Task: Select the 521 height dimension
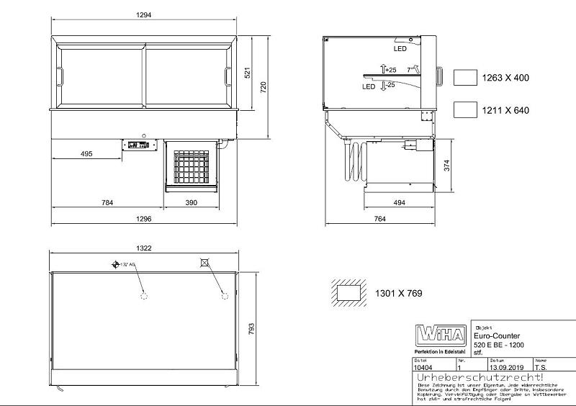click(x=248, y=73)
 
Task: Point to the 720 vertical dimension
click(x=264, y=87)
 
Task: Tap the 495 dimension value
click(x=86, y=154)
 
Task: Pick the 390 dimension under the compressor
click(x=190, y=203)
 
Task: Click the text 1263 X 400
click(x=505, y=78)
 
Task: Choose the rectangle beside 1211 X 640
click(x=467, y=110)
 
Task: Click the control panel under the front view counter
click(x=138, y=145)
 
